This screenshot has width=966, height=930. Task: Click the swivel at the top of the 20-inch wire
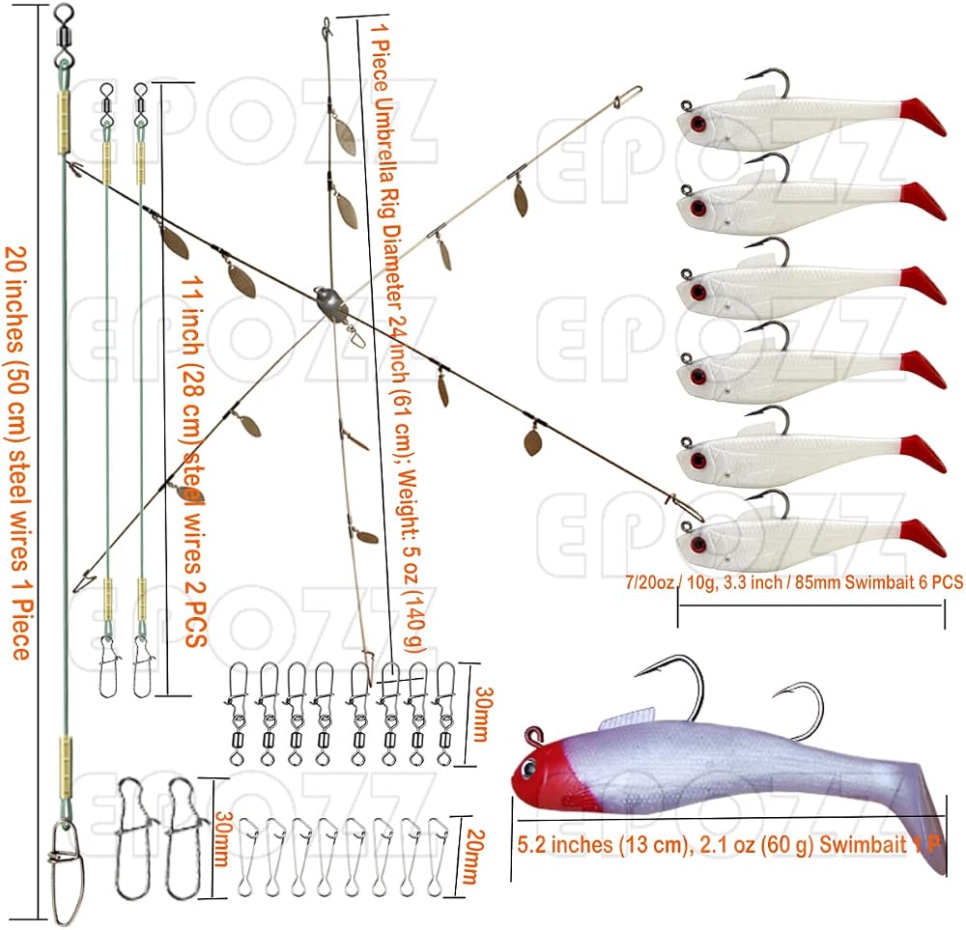[x=64, y=36]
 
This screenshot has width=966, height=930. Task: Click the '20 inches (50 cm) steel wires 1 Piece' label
[x=19, y=453]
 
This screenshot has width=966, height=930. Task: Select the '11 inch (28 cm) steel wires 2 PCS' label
[x=193, y=461]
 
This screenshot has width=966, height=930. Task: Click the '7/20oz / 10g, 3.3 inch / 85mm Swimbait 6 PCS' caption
[x=793, y=582]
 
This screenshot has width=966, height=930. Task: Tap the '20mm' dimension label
[x=474, y=857]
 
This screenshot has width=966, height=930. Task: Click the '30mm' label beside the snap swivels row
[x=484, y=715]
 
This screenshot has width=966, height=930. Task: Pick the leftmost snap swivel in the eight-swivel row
[x=238, y=715]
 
